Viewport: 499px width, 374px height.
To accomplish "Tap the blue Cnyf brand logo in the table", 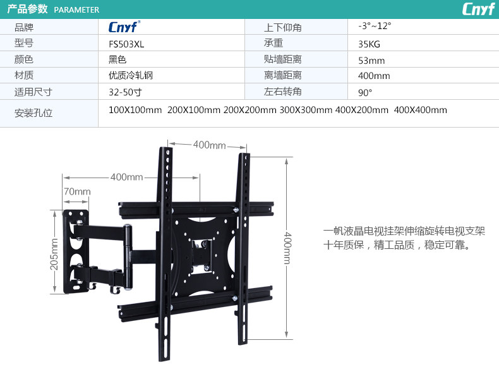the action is pyautogui.click(x=124, y=27).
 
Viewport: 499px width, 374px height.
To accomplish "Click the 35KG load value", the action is pyautogui.click(x=369, y=44).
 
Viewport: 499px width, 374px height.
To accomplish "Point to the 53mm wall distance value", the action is pyautogui.click(x=371, y=61).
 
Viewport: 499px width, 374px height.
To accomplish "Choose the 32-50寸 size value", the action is pyautogui.click(x=125, y=92).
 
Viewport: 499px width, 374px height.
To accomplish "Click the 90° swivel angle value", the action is pyautogui.click(x=365, y=92).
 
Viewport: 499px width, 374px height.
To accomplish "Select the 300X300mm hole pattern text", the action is pyautogui.click(x=306, y=110).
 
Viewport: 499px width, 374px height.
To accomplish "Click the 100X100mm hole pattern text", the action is pyautogui.click(x=135, y=110).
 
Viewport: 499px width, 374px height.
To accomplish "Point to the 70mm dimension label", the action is pyautogui.click(x=77, y=191).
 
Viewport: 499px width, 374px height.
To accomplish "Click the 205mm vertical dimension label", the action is pyautogui.click(x=54, y=253).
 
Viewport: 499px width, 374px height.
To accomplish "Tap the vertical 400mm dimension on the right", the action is pyautogui.click(x=287, y=248).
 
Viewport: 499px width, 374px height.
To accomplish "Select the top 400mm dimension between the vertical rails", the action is pyautogui.click(x=209, y=145).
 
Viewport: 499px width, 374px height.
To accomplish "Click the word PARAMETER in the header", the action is pyautogui.click(x=76, y=9).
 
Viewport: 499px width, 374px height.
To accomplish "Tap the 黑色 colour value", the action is pyautogui.click(x=117, y=60).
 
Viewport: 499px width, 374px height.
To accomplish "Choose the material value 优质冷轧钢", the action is pyautogui.click(x=131, y=76).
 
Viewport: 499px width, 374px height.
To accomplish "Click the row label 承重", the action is pyautogui.click(x=274, y=44).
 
